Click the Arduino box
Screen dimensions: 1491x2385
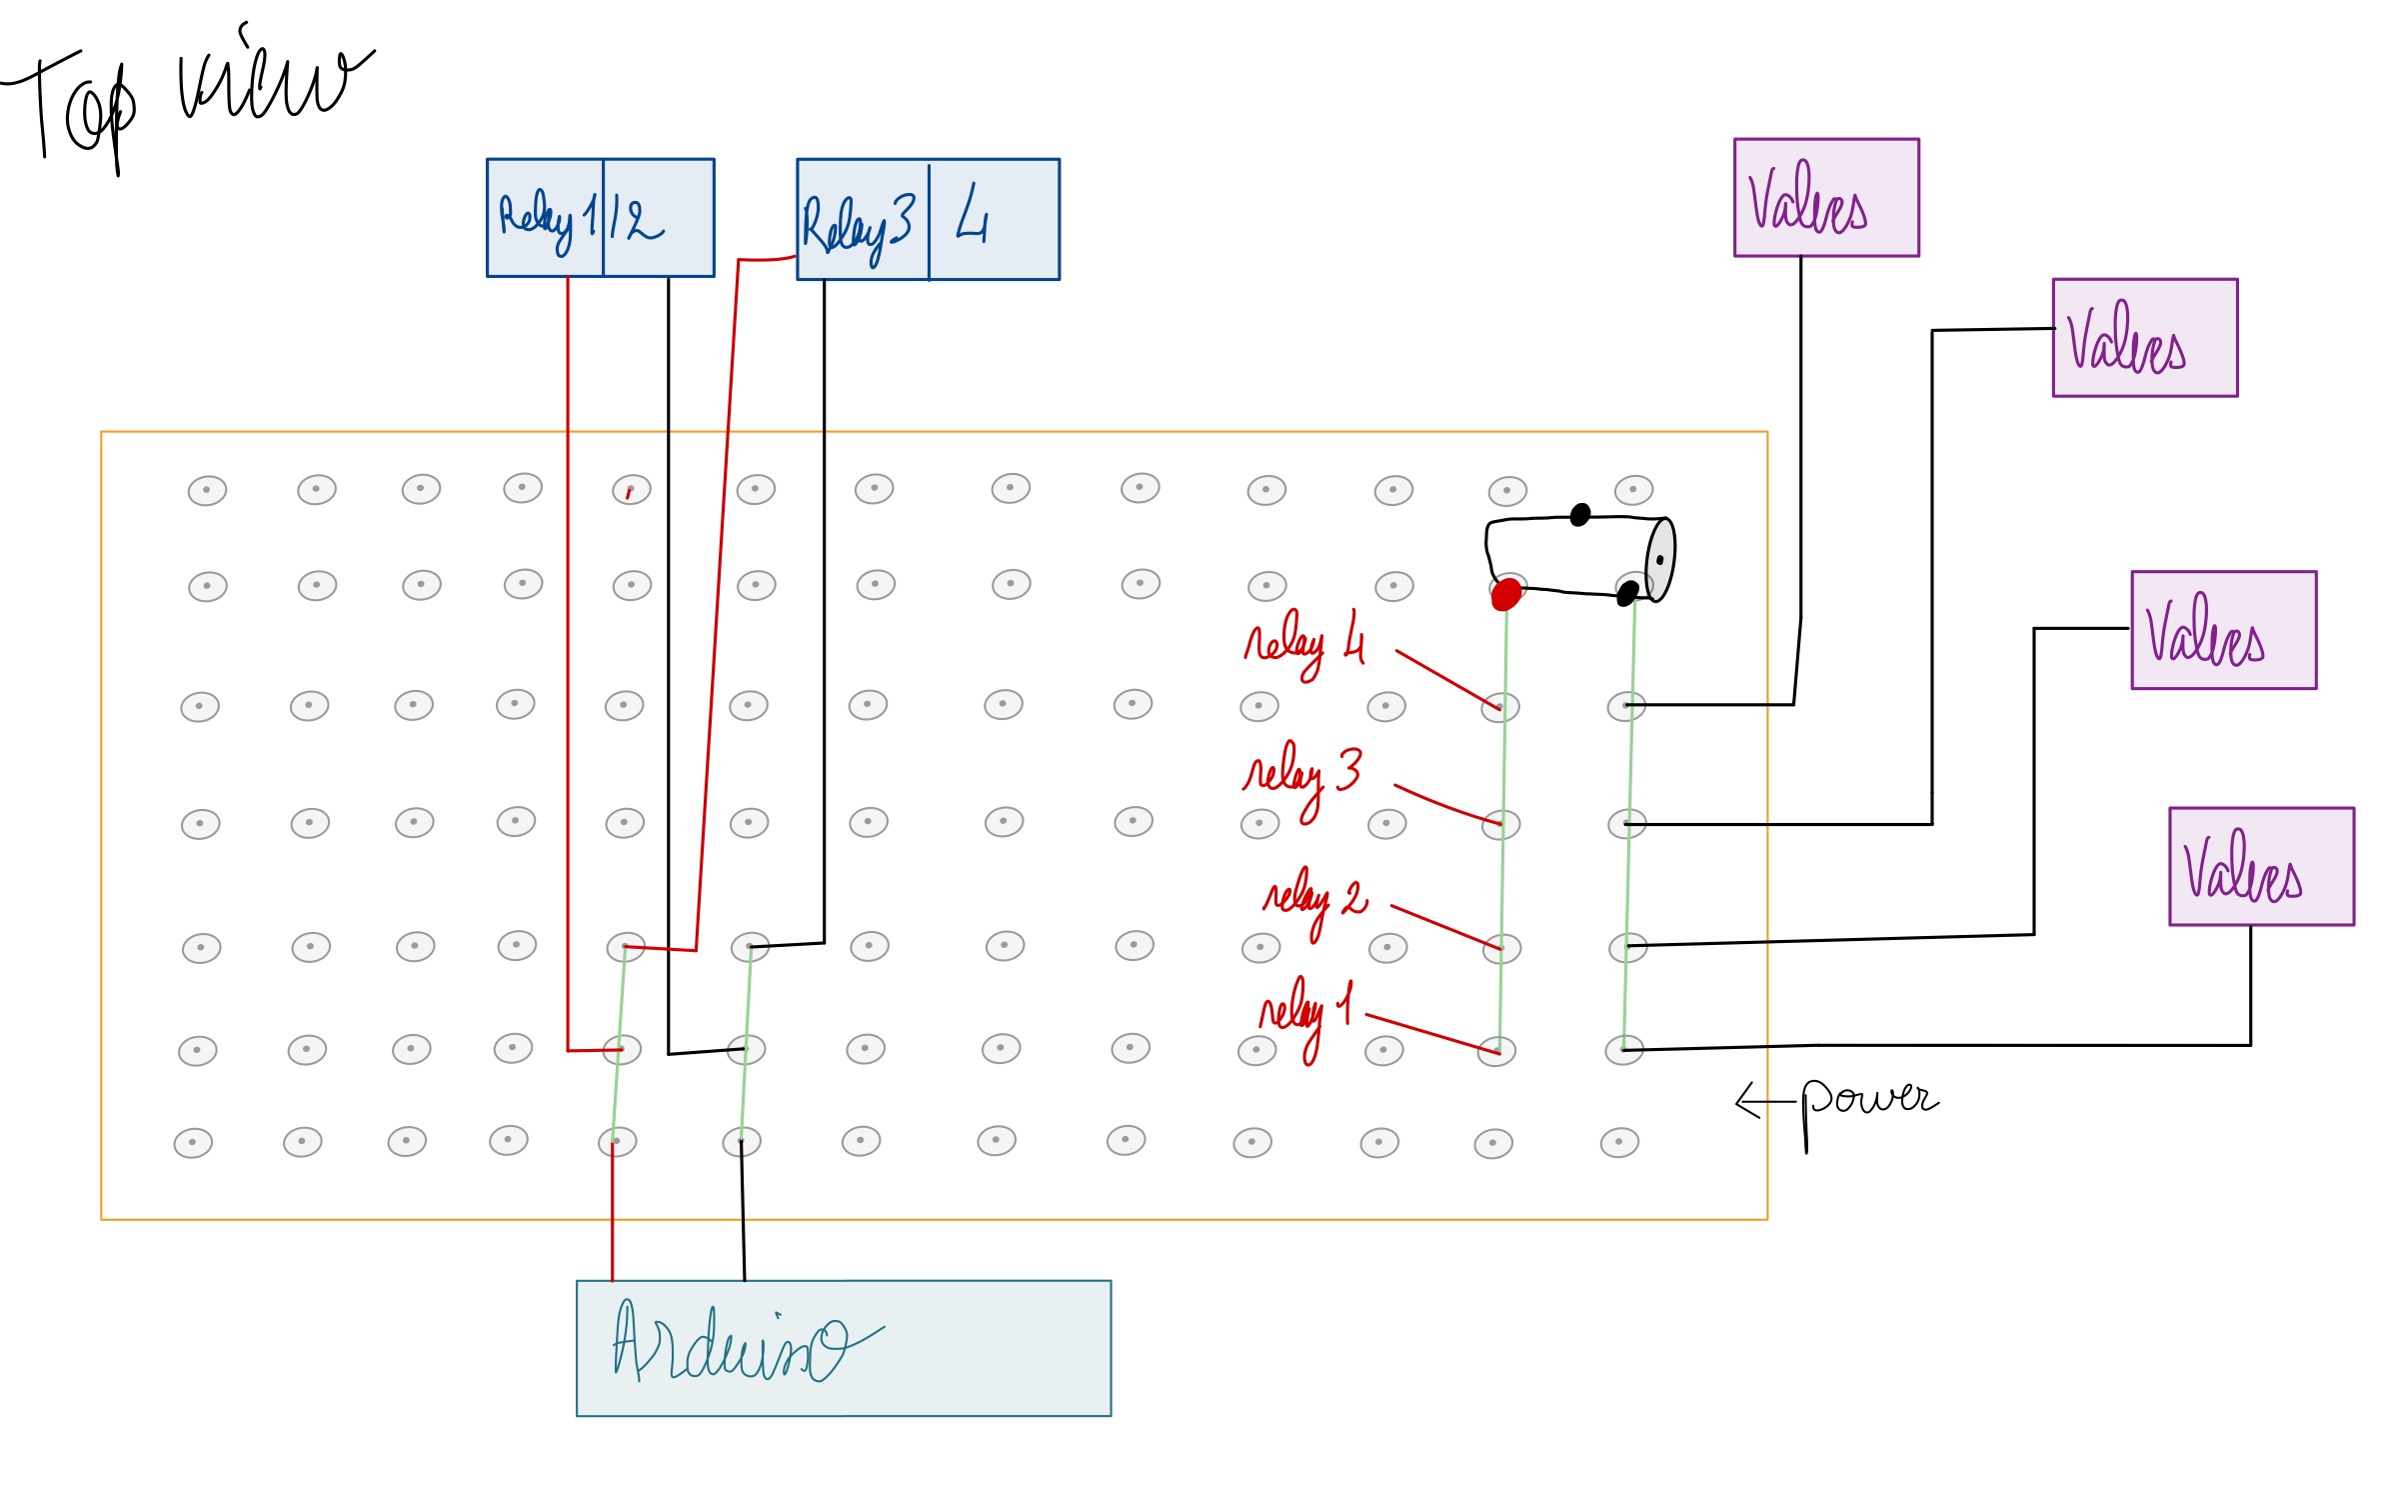click(x=843, y=1347)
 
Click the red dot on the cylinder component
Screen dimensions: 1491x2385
click(x=1505, y=594)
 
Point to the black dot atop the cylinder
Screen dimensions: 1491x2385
click(x=1580, y=514)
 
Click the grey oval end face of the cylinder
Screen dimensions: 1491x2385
click(x=1659, y=559)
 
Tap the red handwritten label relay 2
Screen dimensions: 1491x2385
click(x=1314, y=899)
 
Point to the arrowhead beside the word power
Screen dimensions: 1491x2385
click(x=1745, y=1101)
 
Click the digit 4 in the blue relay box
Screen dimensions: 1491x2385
click(x=972, y=216)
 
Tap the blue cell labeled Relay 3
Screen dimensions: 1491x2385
click(x=862, y=220)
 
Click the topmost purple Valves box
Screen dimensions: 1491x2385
click(x=1825, y=197)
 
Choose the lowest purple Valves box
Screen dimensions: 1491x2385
click(x=2261, y=866)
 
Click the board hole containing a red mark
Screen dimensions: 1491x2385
click(x=631, y=490)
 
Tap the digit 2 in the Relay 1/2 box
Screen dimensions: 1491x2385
click(x=644, y=221)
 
